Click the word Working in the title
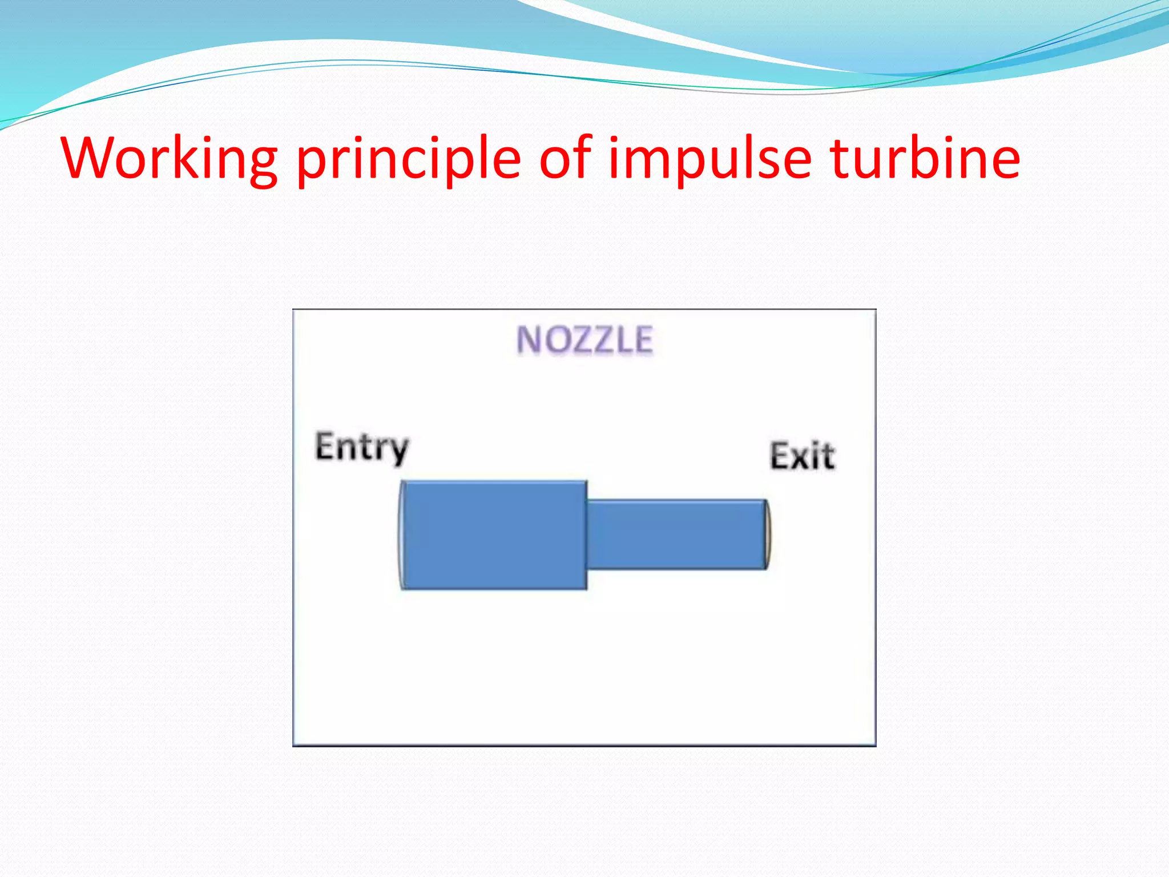pyautogui.click(x=169, y=158)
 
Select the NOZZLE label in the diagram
pyautogui.click(x=584, y=340)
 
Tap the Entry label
pyautogui.click(x=362, y=448)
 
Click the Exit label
pyautogui.click(x=802, y=456)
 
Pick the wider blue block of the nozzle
pyautogui.click(x=495, y=535)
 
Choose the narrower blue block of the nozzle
pyautogui.click(x=676, y=535)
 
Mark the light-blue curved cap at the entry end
pyautogui.click(x=401, y=535)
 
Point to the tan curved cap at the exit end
pyautogui.click(x=768, y=535)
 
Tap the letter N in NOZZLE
pyautogui.click(x=528, y=340)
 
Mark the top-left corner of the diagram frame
pyautogui.click(x=293, y=310)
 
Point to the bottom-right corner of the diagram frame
pyautogui.click(x=875, y=745)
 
